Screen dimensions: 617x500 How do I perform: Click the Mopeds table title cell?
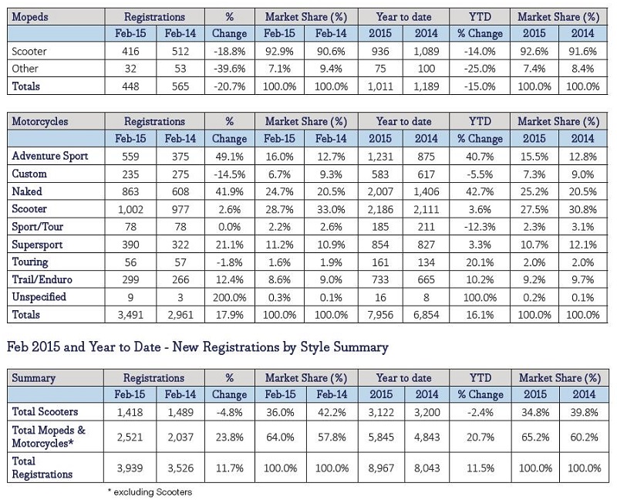[x=30, y=17]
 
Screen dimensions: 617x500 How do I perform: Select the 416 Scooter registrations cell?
[x=130, y=51]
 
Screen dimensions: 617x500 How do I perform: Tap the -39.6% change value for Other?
[x=229, y=69]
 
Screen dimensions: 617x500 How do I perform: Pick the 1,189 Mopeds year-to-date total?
[x=427, y=86]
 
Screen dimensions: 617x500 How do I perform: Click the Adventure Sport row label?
[x=50, y=156]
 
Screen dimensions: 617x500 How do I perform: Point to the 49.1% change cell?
[x=229, y=157]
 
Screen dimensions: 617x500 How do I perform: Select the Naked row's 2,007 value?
[x=380, y=191]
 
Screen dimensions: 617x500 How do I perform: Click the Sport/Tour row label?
[x=37, y=227]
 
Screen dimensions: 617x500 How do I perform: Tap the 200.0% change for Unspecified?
[x=229, y=297]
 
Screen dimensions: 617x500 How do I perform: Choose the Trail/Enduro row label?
[x=42, y=279]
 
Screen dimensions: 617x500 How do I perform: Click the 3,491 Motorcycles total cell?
[x=130, y=315]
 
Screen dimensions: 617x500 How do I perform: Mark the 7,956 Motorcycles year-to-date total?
[x=380, y=315]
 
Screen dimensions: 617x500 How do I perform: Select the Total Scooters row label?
[x=45, y=412]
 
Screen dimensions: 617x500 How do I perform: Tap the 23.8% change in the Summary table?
[x=229, y=437]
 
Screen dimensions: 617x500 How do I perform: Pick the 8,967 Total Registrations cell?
[x=381, y=468]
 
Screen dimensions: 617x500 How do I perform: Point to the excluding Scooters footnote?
[x=150, y=492]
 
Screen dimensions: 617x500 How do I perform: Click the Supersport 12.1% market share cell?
[x=583, y=245]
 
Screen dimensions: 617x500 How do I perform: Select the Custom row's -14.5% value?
[x=229, y=174]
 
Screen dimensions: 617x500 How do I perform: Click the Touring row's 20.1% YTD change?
[x=480, y=262]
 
